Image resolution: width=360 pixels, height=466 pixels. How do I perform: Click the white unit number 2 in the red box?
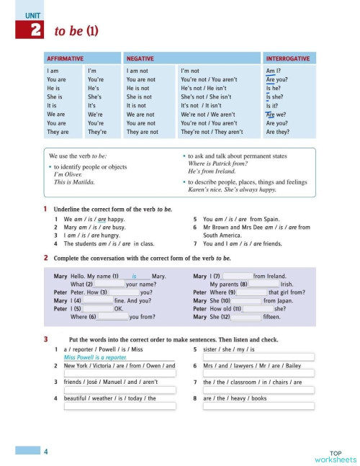tap(35, 30)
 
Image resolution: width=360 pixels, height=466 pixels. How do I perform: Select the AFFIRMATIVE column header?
tap(65, 58)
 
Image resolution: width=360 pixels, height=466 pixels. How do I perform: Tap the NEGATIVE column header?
tap(140, 58)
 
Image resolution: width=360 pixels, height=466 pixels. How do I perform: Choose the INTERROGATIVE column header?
tap(288, 58)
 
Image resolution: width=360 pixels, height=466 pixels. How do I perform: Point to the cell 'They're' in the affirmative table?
tap(97, 133)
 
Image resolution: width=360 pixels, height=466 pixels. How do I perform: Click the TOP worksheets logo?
tap(335, 454)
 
